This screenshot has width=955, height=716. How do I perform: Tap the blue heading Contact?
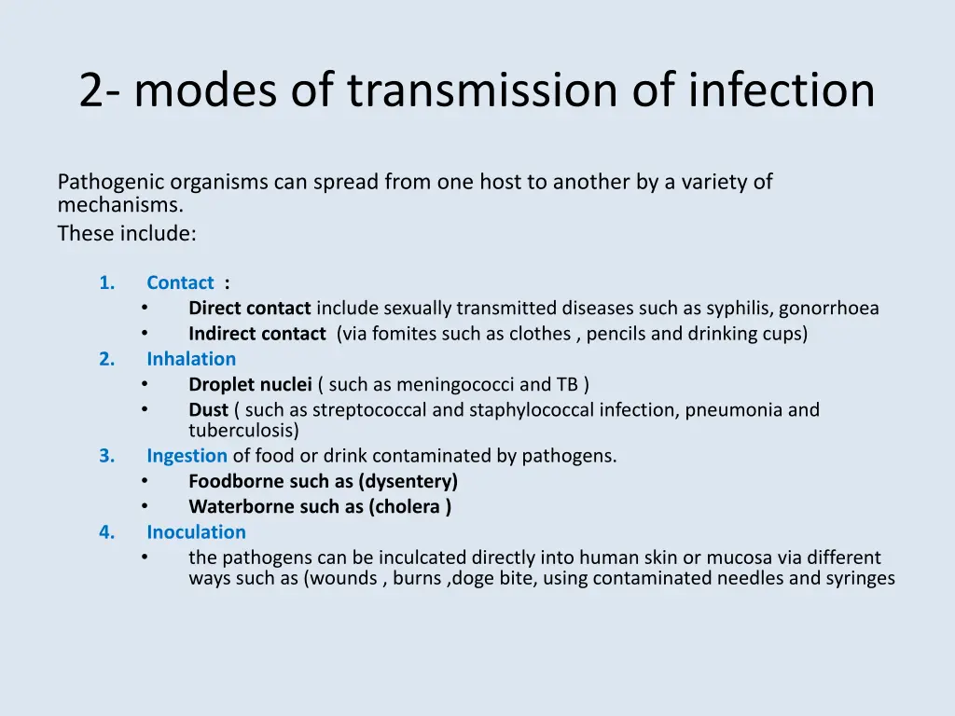coord(180,282)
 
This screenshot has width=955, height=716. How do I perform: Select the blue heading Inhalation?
coord(191,359)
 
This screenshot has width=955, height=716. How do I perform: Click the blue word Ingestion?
coord(187,456)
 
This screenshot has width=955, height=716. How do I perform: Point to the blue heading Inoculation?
coord(196,532)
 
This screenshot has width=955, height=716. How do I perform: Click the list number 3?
coord(106,456)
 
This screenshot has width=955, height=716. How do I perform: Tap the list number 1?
coord(106,282)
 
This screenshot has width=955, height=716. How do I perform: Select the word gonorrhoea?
coord(829,309)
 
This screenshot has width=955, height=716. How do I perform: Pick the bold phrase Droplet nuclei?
coord(250,384)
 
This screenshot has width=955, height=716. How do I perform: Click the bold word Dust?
coord(208,410)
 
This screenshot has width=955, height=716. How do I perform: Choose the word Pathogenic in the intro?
coord(103,183)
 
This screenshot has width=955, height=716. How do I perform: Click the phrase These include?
coord(127,234)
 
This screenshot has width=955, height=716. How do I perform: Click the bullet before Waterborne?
coord(145,506)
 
